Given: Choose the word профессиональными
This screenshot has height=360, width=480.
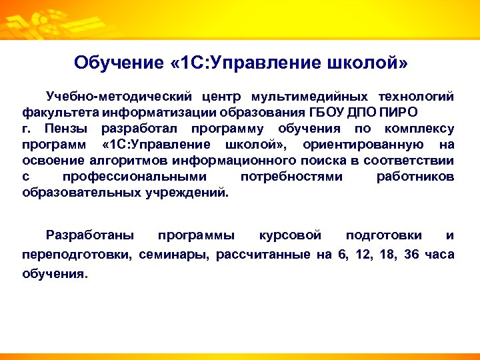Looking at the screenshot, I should tap(134, 177).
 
